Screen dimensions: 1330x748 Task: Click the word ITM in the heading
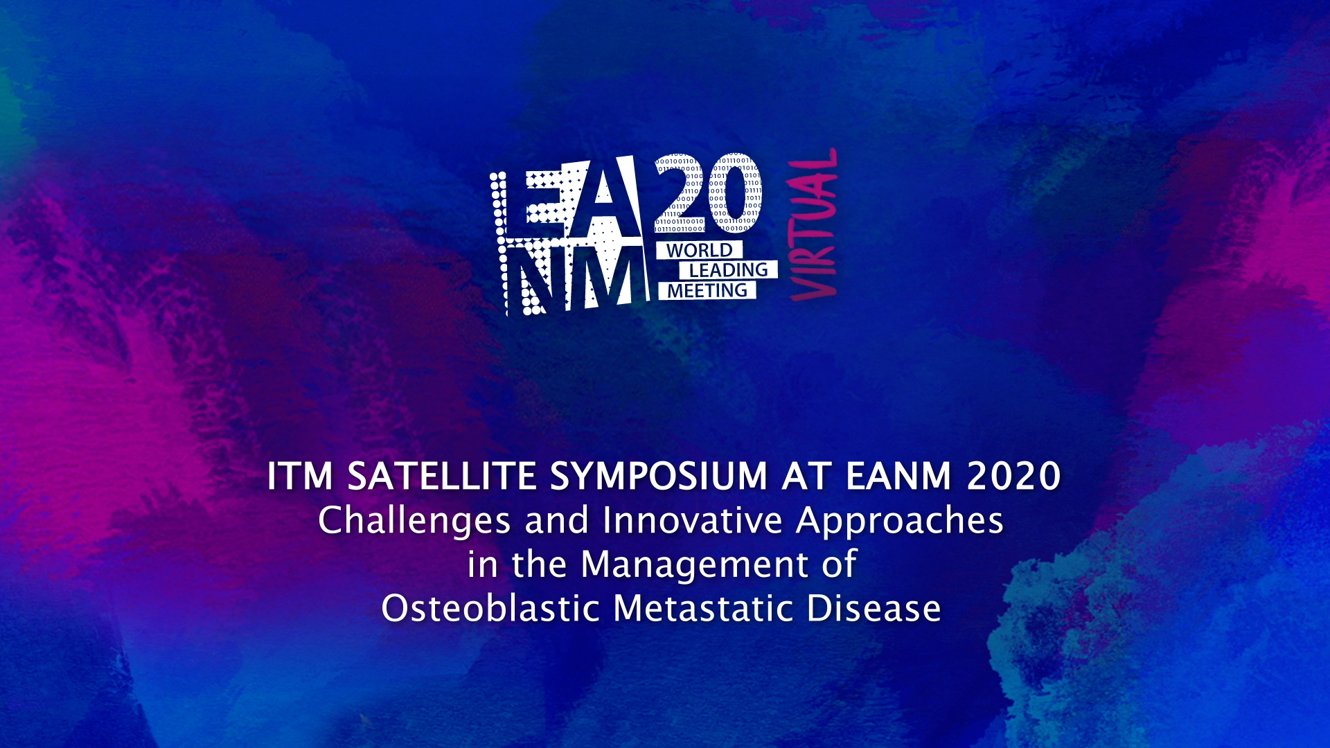300,477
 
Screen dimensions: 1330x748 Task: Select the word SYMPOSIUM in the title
659,477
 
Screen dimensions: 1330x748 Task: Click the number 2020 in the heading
1014,477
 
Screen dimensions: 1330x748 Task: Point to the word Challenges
414,521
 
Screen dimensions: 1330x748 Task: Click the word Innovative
693,521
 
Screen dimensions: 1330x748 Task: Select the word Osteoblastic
490,609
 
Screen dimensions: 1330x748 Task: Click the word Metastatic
703,609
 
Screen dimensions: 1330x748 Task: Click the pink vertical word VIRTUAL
813,224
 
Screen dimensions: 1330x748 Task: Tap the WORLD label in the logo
699,250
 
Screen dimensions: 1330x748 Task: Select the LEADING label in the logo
728,270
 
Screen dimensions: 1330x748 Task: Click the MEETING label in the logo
707,291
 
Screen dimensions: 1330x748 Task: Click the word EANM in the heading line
898,477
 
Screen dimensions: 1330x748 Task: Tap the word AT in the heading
806,477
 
